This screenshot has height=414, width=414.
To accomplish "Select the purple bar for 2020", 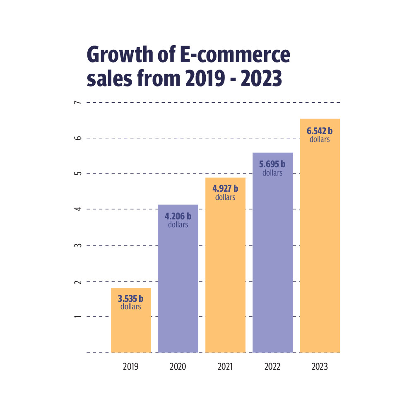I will (x=178, y=290).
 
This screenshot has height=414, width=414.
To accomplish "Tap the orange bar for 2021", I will (x=225, y=282).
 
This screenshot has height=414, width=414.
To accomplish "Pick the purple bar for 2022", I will (x=272, y=265).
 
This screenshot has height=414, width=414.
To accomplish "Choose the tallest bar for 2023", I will (x=320, y=248).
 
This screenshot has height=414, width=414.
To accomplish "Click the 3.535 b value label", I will (x=131, y=298).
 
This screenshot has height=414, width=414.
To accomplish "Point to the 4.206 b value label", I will (x=178, y=216).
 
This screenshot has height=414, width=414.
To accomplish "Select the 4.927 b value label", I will (x=225, y=189).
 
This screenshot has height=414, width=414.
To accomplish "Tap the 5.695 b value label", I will (x=272, y=164).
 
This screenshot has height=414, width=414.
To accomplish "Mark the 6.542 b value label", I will (x=320, y=131).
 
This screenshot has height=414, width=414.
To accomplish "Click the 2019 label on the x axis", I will (x=131, y=367).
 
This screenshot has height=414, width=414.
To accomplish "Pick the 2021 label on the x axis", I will (x=225, y=367).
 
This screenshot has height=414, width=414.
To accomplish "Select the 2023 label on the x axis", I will (x=320, y=367).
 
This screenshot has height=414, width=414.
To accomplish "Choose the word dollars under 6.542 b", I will (x=320, y=140).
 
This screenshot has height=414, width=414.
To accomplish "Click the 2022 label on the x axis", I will (x=272, y=367).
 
